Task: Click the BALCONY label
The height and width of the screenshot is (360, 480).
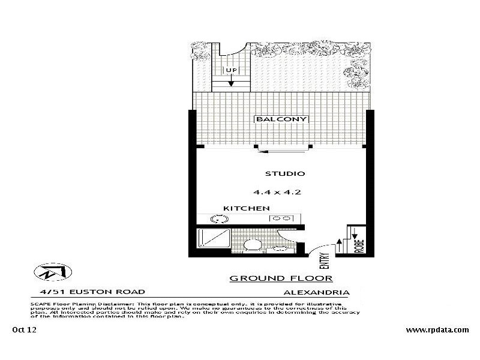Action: (281, 119)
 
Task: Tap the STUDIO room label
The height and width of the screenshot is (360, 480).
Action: (285, 174)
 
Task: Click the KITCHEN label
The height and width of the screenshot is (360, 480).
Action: (246, 208)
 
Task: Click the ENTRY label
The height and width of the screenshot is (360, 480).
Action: (325, 260)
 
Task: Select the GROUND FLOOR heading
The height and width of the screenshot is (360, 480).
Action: (281, 278)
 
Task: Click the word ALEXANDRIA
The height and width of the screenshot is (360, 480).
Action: (316, 292)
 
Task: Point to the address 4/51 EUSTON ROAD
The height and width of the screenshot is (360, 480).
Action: (89, 292)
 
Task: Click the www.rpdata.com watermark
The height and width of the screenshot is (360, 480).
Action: (437, 329)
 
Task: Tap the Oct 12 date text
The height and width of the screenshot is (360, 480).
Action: (24, 329)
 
